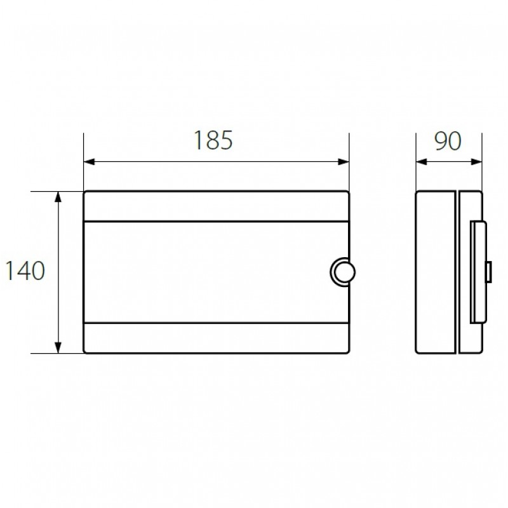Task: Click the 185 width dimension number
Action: coord(213,140)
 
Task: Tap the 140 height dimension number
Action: coord(25,271)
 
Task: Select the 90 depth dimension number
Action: coord(448,141)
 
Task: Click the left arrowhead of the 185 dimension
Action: coord(89,161)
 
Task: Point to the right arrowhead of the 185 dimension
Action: coord(344,161)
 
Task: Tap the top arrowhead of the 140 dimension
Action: coord(58,197)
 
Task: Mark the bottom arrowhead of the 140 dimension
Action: coord(58,347)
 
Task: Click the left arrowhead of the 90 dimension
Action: coord(422,161)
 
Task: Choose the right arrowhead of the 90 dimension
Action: coord(476,161)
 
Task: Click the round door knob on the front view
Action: coord(343,272)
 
